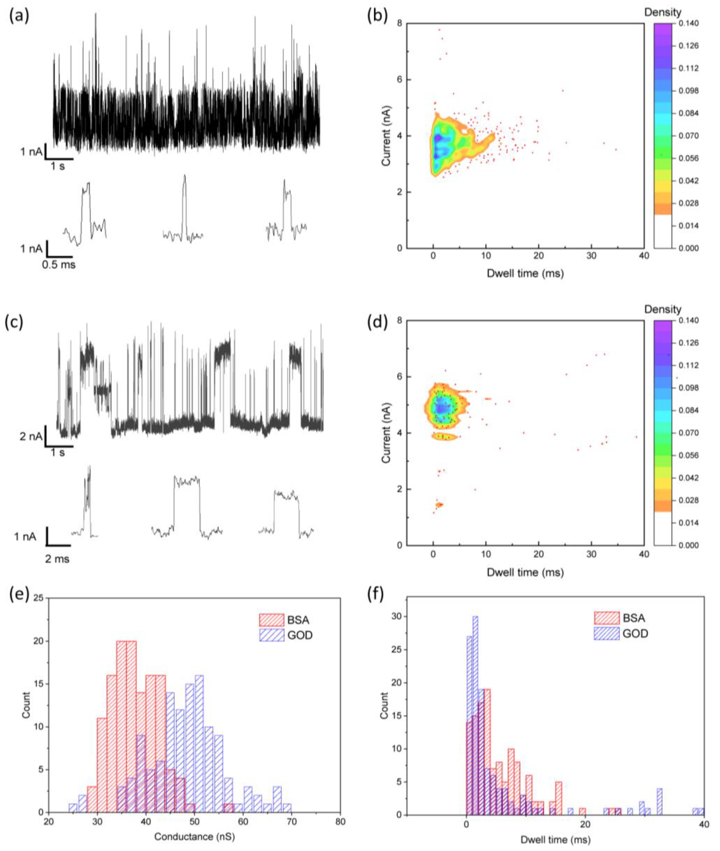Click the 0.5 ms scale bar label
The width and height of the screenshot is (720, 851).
(x=59, y=264)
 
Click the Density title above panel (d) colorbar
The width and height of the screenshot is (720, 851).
(x=662, y=309)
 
